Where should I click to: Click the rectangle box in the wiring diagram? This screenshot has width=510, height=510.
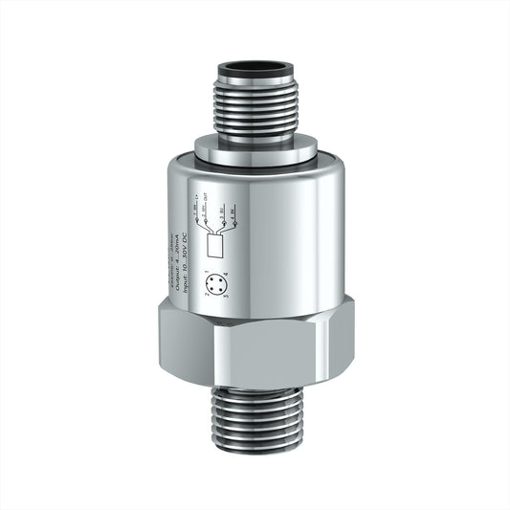[216, 246]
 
